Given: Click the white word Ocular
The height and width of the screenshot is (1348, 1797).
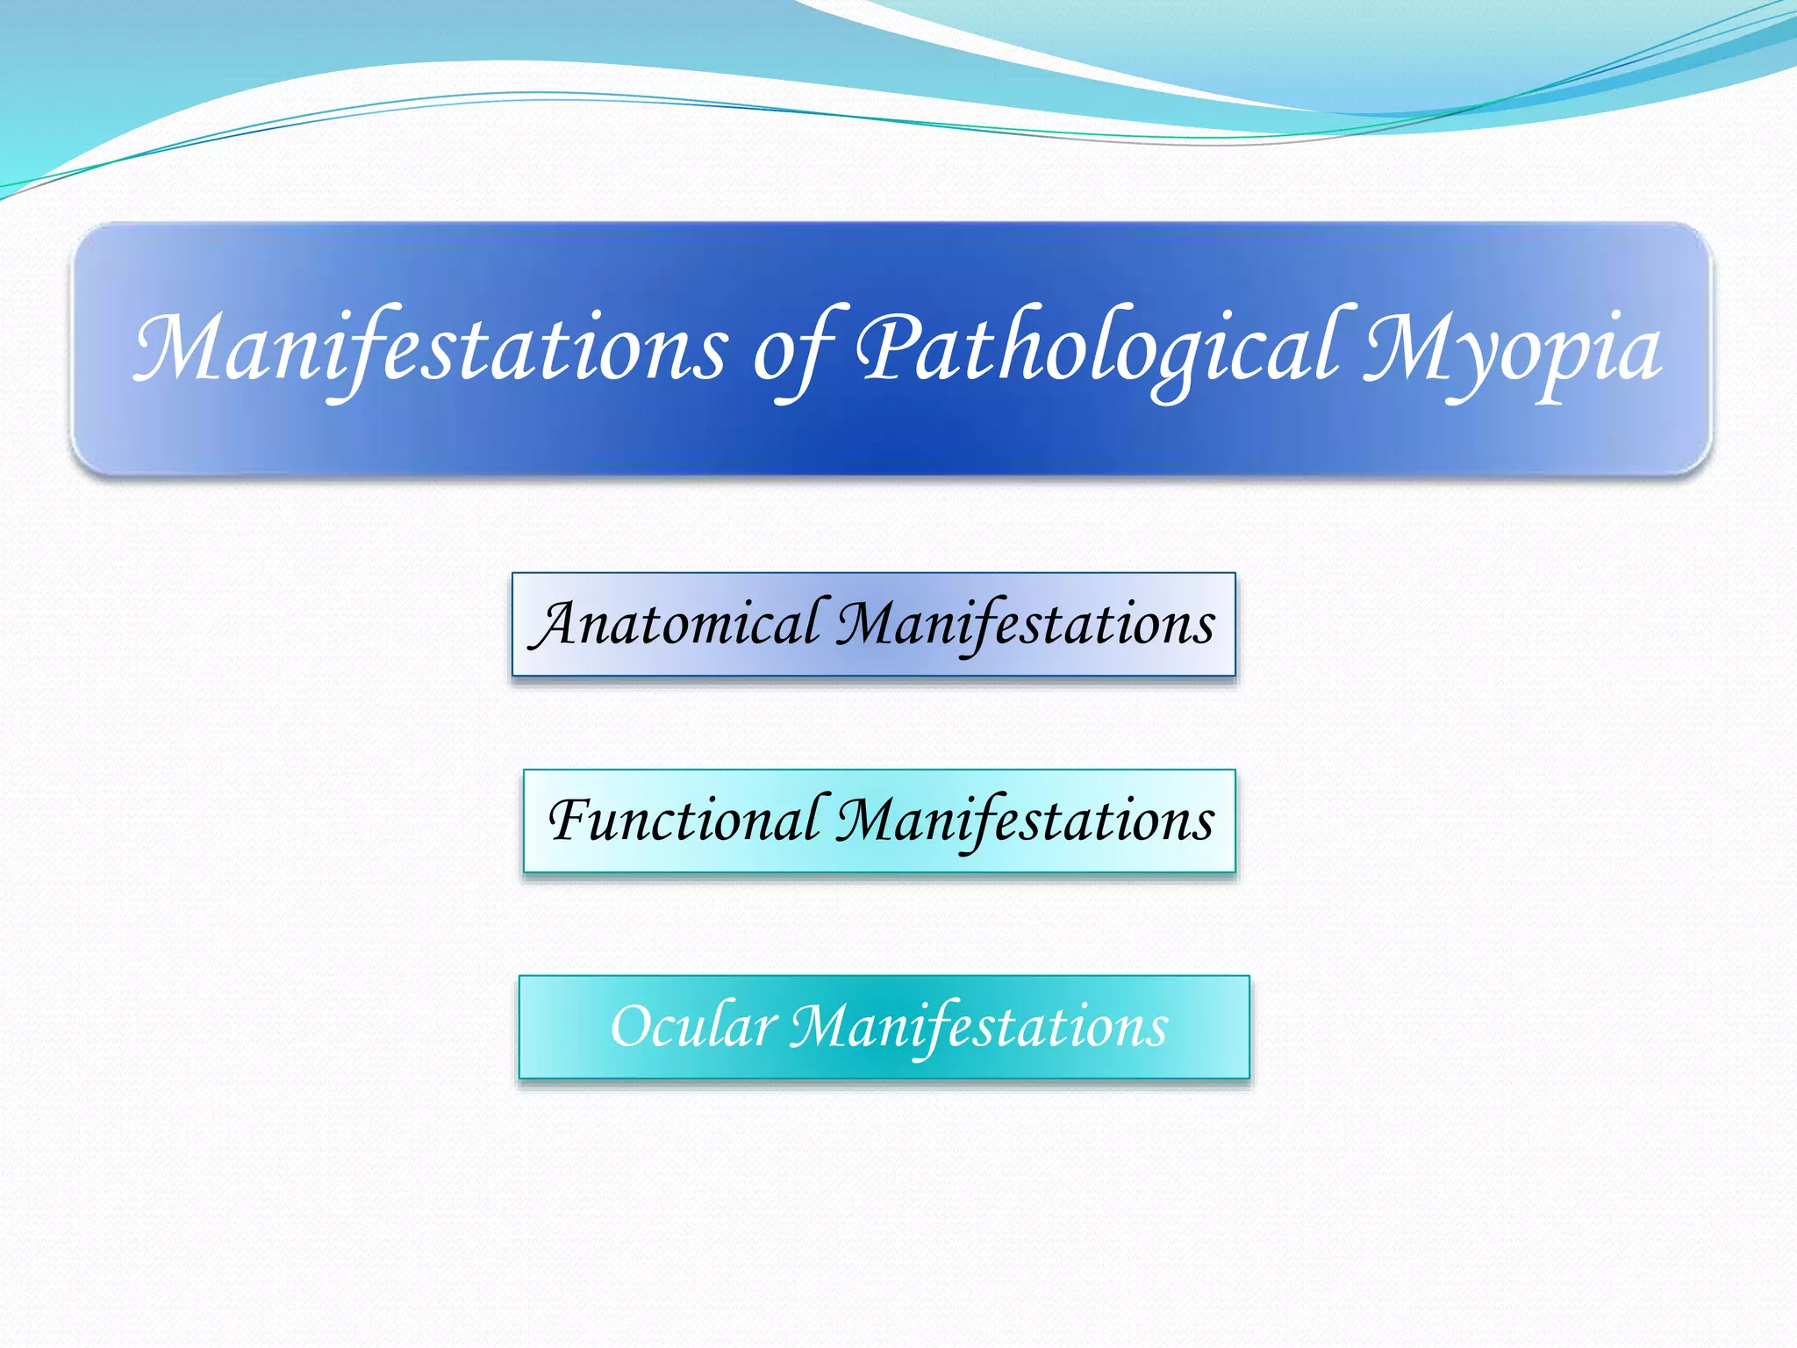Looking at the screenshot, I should [x=693, y=1026].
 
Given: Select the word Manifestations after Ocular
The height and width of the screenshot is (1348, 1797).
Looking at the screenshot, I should [x=978, y=1027].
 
